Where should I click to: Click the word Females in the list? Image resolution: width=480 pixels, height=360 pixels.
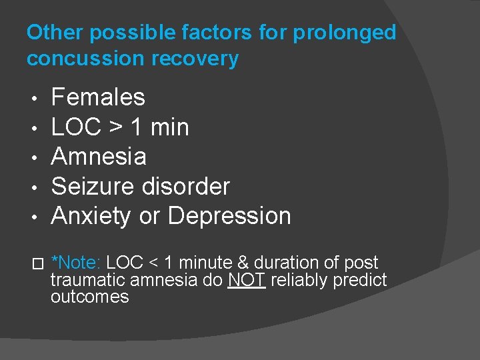tap(98, 97)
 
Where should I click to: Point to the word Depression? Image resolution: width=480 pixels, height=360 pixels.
tap(229, 216)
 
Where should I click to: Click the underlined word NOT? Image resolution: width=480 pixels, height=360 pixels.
tap(247, 280)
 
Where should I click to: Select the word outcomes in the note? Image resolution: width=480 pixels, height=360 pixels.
tap(89, 297)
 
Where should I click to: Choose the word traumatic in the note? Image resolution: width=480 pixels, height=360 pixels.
tap(86, 280)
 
